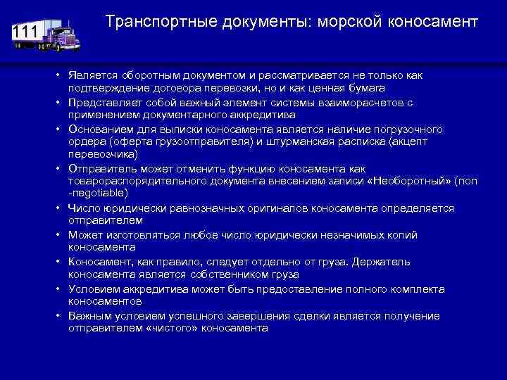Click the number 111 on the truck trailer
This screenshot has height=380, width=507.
pos(25,33)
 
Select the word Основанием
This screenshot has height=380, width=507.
pos(96,129)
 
